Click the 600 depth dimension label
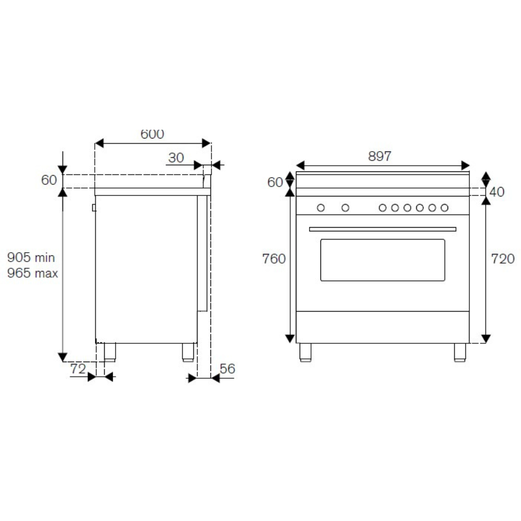point(152,134)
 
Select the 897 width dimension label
point(380,156)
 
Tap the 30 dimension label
point(176,158)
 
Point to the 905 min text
point(31,257)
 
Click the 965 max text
point(32,273)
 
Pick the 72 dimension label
point(78,369)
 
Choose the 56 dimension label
point(227,369)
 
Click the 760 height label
point(274,259)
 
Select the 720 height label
point(503,259)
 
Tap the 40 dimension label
point(497,192)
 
